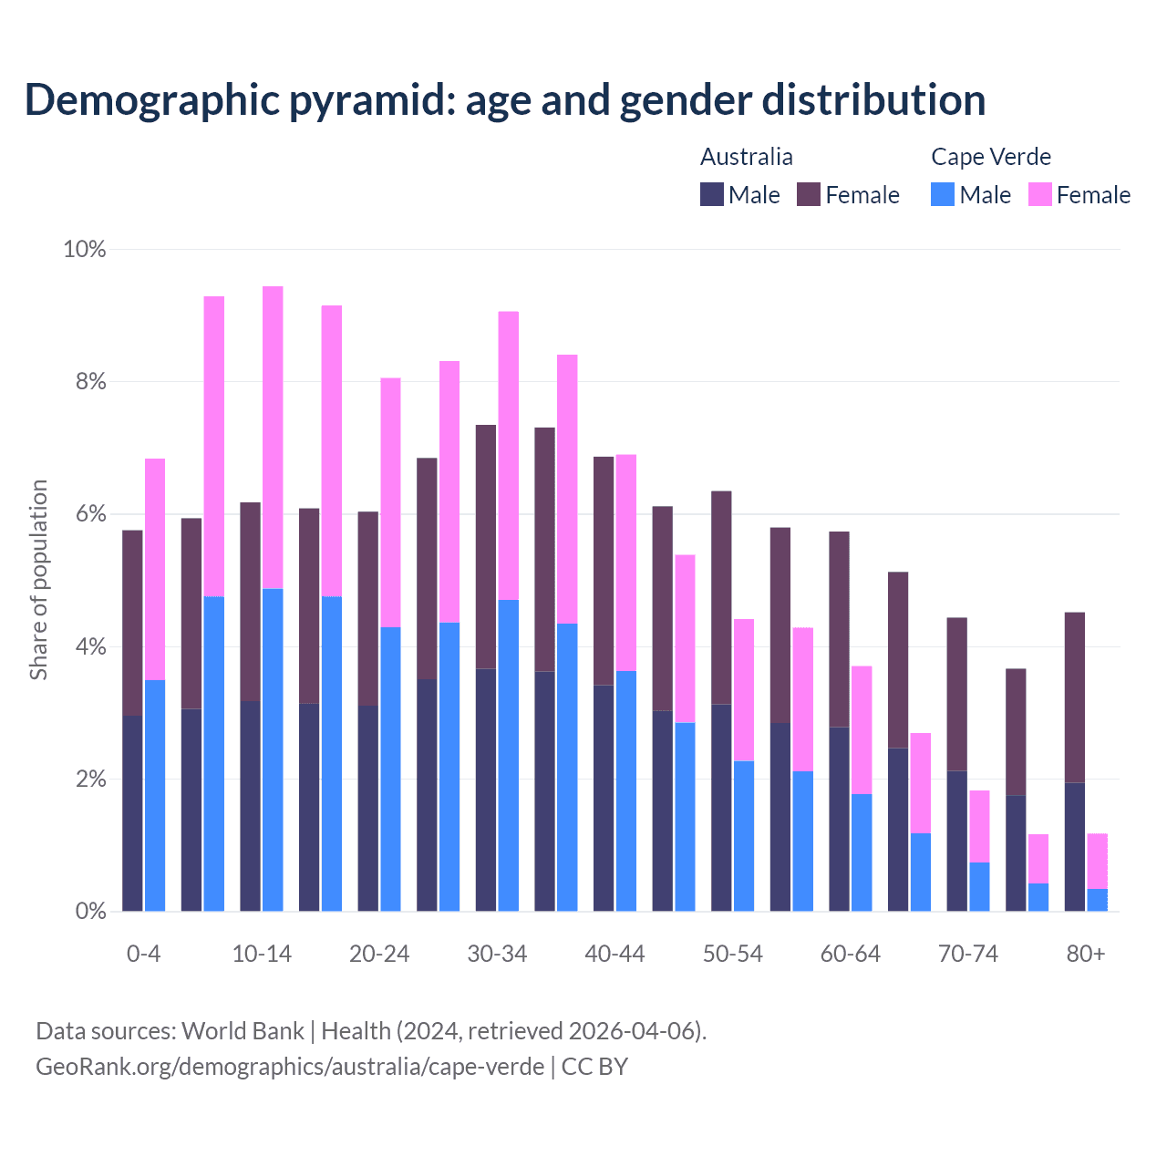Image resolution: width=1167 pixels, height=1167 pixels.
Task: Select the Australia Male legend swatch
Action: pyautogui.click(x=711, y=194)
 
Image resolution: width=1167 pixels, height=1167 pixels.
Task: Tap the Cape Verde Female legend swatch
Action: pyautogui.click(x=1039, y=194)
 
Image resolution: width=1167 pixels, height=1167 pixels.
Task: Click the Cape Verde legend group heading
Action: pyautogui.click(x=990, y=157)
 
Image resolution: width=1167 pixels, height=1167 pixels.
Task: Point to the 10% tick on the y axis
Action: pyautogui.click(x=84, y=249)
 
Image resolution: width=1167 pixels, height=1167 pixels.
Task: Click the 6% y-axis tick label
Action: pyautogui.click(x=90, y=514)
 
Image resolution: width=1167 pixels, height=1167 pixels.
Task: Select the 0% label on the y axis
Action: pyautogui.click(x=90, y=911)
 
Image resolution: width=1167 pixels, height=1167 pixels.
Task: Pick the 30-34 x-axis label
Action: pyautogui.click(x=497, y=954)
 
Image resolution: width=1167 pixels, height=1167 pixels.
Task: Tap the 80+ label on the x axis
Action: pyautogui.click(x=1085, y=954)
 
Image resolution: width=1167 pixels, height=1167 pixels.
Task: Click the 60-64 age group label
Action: pyautogui.click(x=850, y=954)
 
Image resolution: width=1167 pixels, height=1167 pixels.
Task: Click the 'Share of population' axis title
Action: pyautogui.click(x=38, y=580)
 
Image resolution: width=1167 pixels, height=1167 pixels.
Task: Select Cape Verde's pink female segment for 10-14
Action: pyautogui.click(x=273, y=438)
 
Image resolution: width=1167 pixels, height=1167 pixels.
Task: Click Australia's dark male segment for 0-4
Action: pyautogui.click(x=132, y=813)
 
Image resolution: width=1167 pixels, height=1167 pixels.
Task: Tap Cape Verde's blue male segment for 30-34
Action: pyautogui.click(x=509, y=755)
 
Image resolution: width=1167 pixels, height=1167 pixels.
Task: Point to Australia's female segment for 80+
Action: pyautogui.click(x=1075, y=697)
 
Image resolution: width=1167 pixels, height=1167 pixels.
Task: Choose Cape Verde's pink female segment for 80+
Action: pyautogui.click(x=1097, y=861)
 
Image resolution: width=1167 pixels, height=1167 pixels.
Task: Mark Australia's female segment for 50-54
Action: pyautogui.click(x=721, y=597)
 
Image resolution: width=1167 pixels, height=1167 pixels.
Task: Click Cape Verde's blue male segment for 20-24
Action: pyautogui.click(x=390, y=769)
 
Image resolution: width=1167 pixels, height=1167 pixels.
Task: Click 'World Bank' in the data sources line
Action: pyautogui.click(x=243, y=1031)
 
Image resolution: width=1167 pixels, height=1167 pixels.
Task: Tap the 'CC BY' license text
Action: pyautogui.click(x=594, y=1067)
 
